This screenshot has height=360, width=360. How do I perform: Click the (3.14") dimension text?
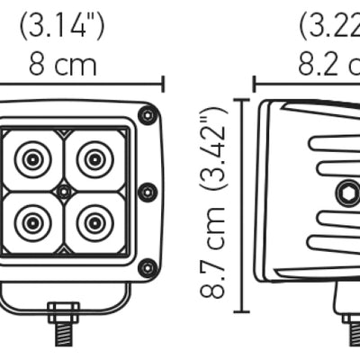point(61,25)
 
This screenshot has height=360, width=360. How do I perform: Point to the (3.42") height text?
point(213,149)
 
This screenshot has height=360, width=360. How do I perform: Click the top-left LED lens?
point(33,160)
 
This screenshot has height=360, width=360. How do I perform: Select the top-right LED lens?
point(94,160)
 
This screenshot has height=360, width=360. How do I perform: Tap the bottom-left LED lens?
point(33,220)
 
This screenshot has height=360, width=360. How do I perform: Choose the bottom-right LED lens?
point(94,220)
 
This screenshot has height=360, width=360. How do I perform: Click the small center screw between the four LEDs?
point(63,192)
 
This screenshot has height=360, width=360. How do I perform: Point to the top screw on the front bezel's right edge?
point(148,114)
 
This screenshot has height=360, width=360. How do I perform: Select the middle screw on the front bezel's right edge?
point(148,191)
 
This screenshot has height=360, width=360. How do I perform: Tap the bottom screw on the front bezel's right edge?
point(148,267)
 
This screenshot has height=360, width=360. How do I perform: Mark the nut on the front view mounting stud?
point(62,314)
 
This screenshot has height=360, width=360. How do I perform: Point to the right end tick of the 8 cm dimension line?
point(163,84)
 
